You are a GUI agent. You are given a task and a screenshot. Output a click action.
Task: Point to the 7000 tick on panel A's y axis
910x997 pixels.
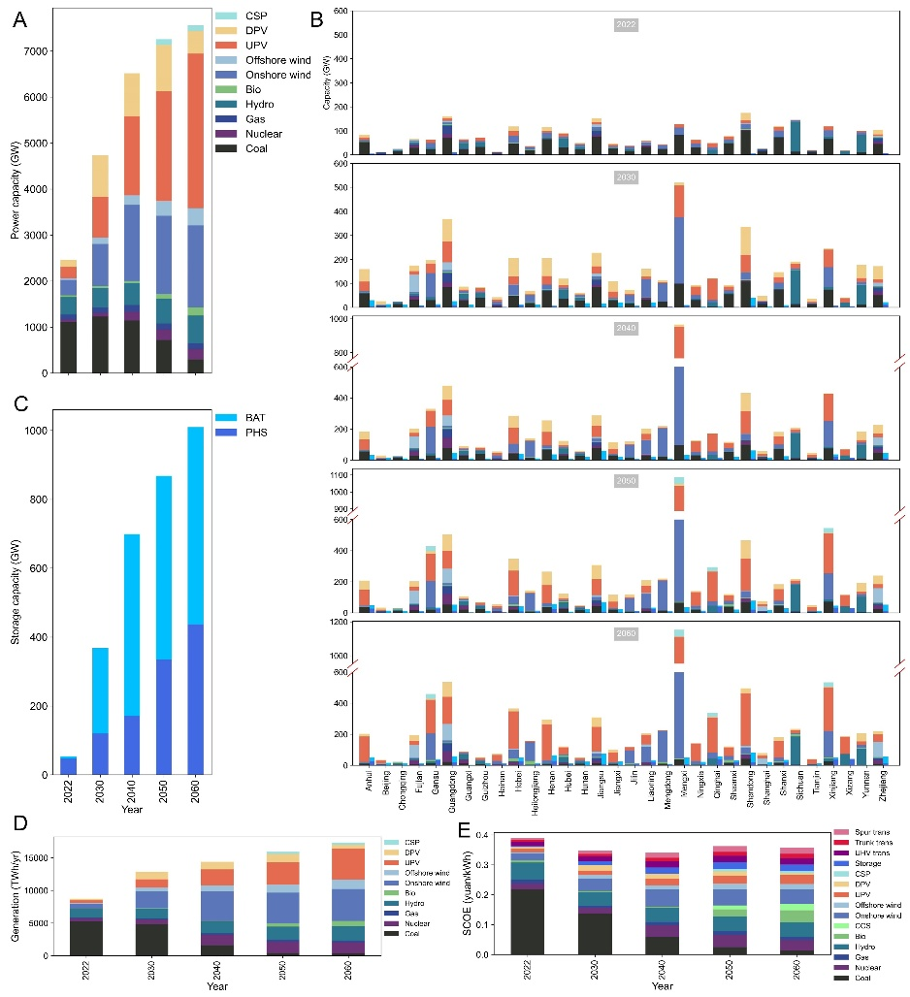tap(43, 50)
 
